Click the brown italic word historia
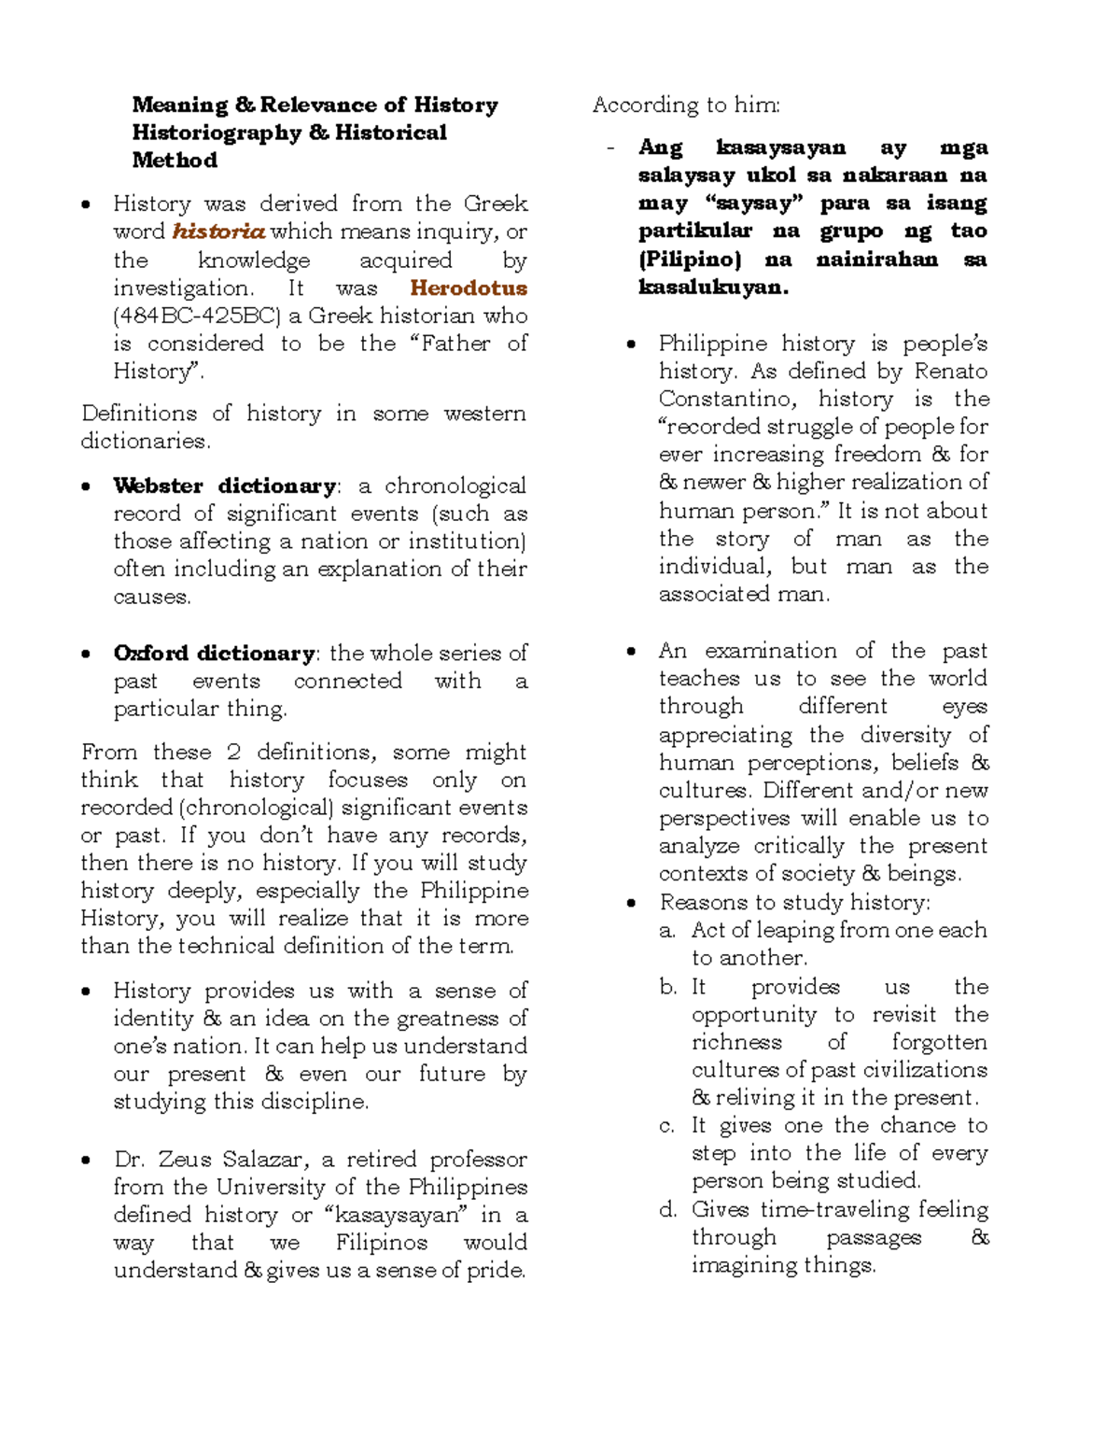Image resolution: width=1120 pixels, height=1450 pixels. point(218,232)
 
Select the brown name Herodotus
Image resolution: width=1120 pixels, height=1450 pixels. point(469,288)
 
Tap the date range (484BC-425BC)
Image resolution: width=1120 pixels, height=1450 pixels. point(197,316)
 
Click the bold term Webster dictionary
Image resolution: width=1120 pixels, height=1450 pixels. point(224,486)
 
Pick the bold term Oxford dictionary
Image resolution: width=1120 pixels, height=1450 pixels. point(215,653)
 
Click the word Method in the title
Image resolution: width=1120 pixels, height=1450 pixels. point(175,161)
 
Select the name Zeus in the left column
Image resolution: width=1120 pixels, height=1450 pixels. point(185,1160)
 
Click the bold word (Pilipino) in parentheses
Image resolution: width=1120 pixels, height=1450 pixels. point(690,260)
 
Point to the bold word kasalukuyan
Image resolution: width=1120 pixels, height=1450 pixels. point(713,288)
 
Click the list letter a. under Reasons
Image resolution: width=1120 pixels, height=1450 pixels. point(666,931)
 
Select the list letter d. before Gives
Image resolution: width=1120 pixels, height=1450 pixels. point(667,1210)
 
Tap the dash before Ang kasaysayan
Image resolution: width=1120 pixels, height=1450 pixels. point(610,148)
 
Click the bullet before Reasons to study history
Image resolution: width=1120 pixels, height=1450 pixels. point(632,903)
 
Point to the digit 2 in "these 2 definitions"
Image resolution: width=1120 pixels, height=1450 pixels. point(233,753)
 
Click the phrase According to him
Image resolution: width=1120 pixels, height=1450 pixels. point(686,105)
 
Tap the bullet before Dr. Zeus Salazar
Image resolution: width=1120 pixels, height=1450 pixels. point(87,1161)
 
